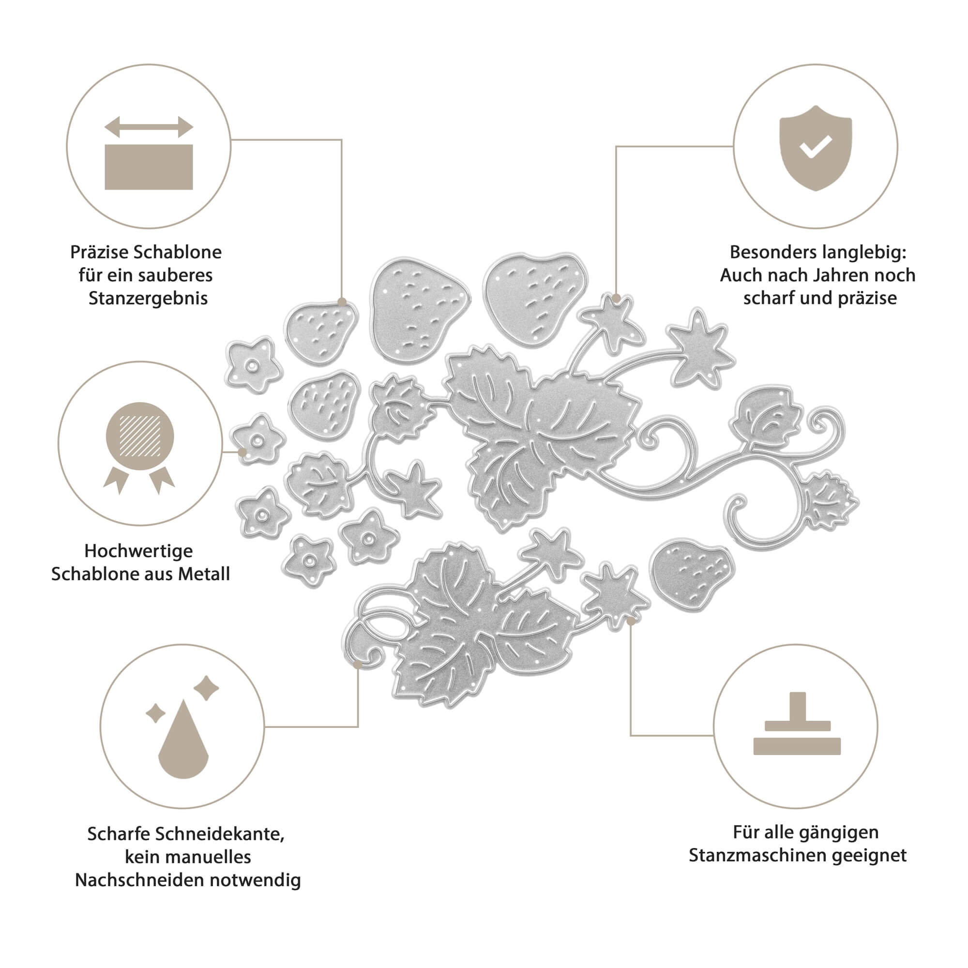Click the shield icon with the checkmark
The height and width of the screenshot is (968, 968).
(815, 148)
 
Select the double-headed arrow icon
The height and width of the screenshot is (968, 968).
(149, 127)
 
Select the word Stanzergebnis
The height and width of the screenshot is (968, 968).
(148, 298)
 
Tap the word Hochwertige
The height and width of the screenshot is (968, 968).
(138, 551)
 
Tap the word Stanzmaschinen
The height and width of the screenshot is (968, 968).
(757, 855)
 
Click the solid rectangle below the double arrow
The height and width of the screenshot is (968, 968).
(149, 167)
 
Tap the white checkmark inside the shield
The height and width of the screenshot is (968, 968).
(816, 146)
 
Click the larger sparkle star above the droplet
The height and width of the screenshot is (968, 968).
(206, 688)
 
